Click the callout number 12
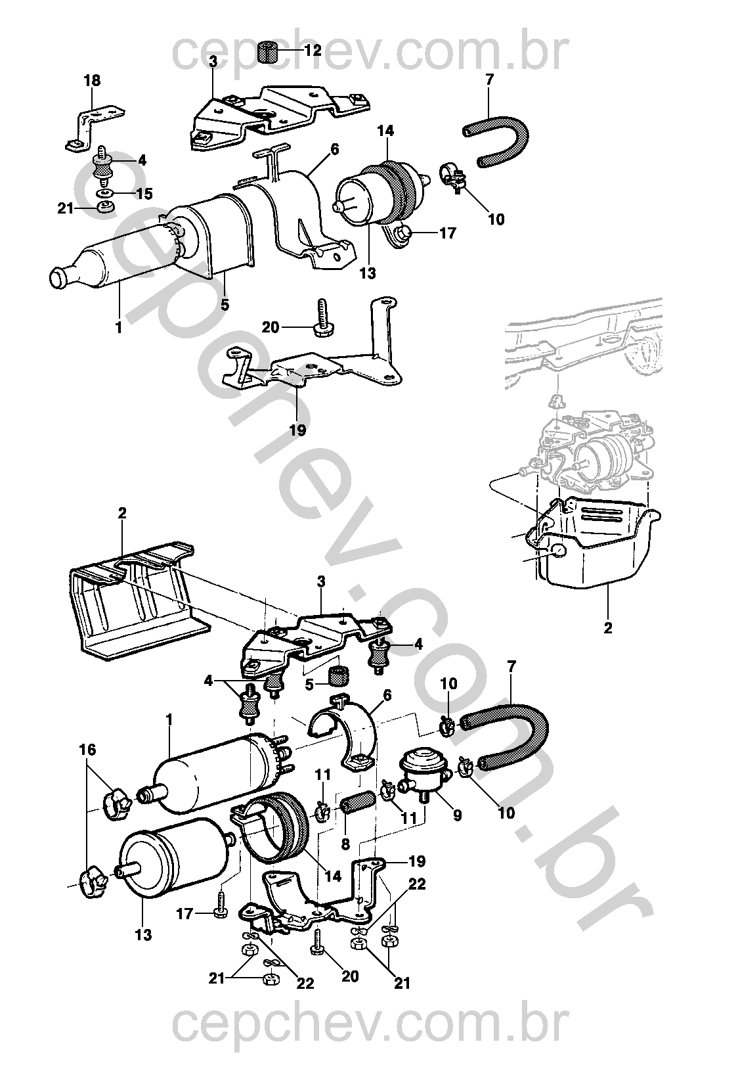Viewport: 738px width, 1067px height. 313,50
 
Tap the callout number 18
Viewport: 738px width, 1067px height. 93,81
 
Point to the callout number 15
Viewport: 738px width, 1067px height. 144,194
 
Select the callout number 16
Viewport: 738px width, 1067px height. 87,750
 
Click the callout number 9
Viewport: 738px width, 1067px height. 458,815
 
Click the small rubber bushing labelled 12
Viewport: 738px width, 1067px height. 267,51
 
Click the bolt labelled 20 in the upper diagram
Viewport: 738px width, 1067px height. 321,319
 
